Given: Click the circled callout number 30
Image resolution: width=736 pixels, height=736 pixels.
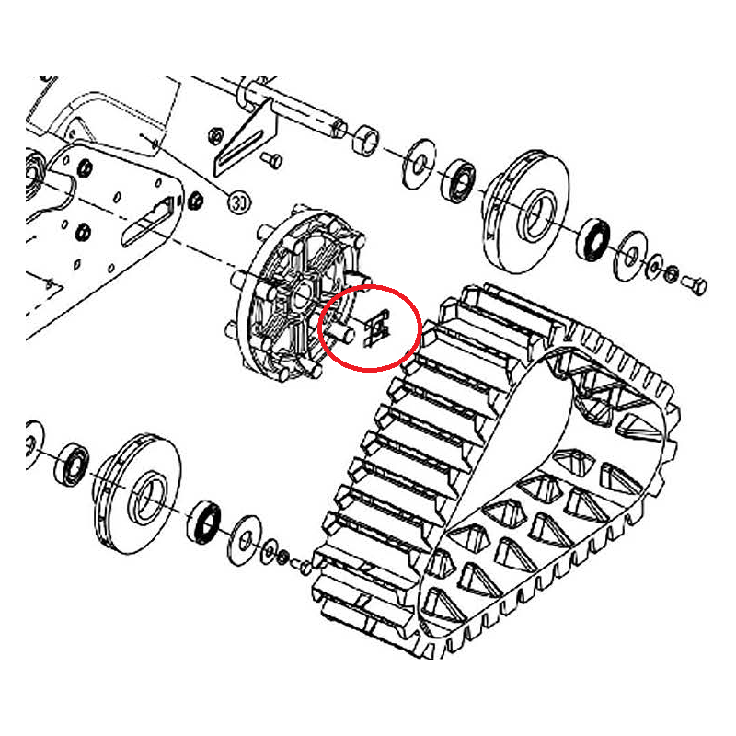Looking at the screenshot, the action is pos(239,202).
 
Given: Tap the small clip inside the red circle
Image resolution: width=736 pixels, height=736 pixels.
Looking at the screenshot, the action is pos(376,327).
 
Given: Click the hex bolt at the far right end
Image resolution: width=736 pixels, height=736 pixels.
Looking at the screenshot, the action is pos(694,284).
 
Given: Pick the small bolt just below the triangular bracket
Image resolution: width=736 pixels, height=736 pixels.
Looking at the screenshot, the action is pos(271,159).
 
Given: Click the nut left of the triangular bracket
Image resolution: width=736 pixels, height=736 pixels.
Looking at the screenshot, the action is pos(215,136).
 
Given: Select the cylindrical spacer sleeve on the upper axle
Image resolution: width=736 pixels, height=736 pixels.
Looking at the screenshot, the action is pos(366,140).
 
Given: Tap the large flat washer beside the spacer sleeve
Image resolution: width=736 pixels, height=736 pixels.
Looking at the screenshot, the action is pos(419,164).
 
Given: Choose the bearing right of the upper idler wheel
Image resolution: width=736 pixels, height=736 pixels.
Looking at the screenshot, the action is pos(593,240).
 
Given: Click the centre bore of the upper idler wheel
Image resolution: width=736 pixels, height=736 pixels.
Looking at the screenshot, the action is pos(536,213).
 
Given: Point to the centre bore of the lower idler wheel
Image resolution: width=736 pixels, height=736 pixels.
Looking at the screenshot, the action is pos(149,498).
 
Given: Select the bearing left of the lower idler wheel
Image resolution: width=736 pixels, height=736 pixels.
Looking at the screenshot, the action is pos(72,465).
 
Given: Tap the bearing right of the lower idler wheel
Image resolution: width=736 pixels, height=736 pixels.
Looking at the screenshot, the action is pos(204,523).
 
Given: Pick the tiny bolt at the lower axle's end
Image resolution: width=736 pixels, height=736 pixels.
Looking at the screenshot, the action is pos(301,565).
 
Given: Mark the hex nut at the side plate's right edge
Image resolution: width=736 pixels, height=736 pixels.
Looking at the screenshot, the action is pos(195,201).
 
